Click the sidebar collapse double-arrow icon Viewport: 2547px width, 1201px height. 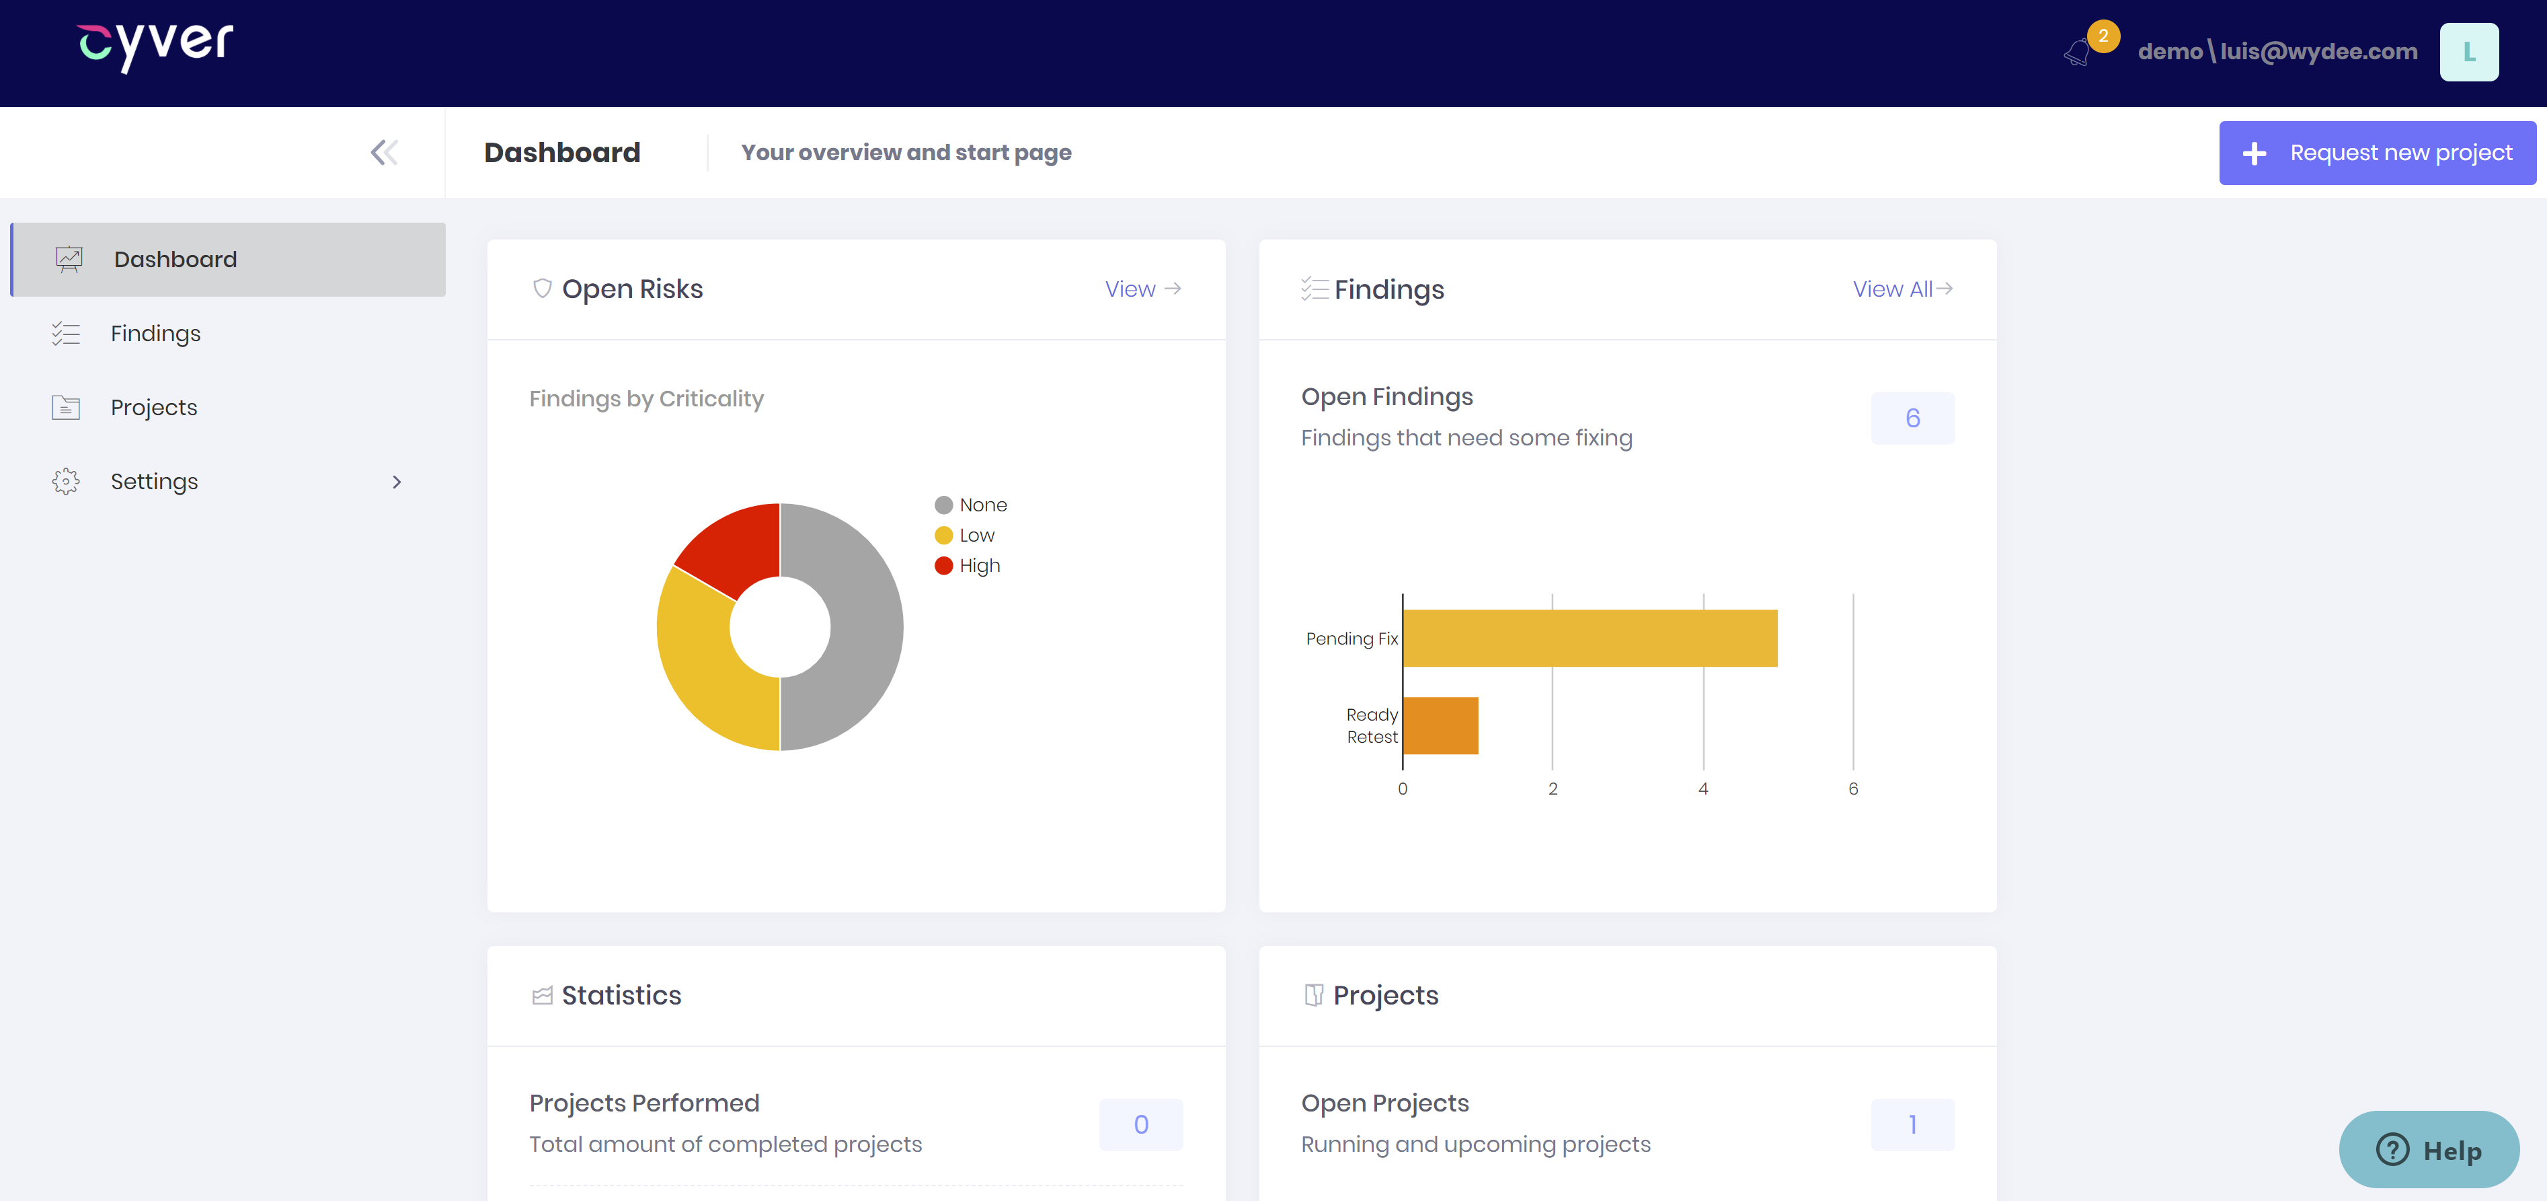[384, 152]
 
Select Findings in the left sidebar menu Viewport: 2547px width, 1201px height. [155, 334]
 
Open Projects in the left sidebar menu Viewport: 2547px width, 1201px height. [153, 408]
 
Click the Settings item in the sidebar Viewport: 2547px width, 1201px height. [154, 482]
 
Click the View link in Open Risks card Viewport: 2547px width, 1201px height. [1142, 289]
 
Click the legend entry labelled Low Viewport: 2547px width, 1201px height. [976, 535]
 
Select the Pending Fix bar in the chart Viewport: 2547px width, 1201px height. [1589, 638]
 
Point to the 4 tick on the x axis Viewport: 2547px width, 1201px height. [1702, 789]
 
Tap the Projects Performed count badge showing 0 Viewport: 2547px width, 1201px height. [1140, 1125]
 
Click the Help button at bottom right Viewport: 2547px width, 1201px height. [2429, 1150]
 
